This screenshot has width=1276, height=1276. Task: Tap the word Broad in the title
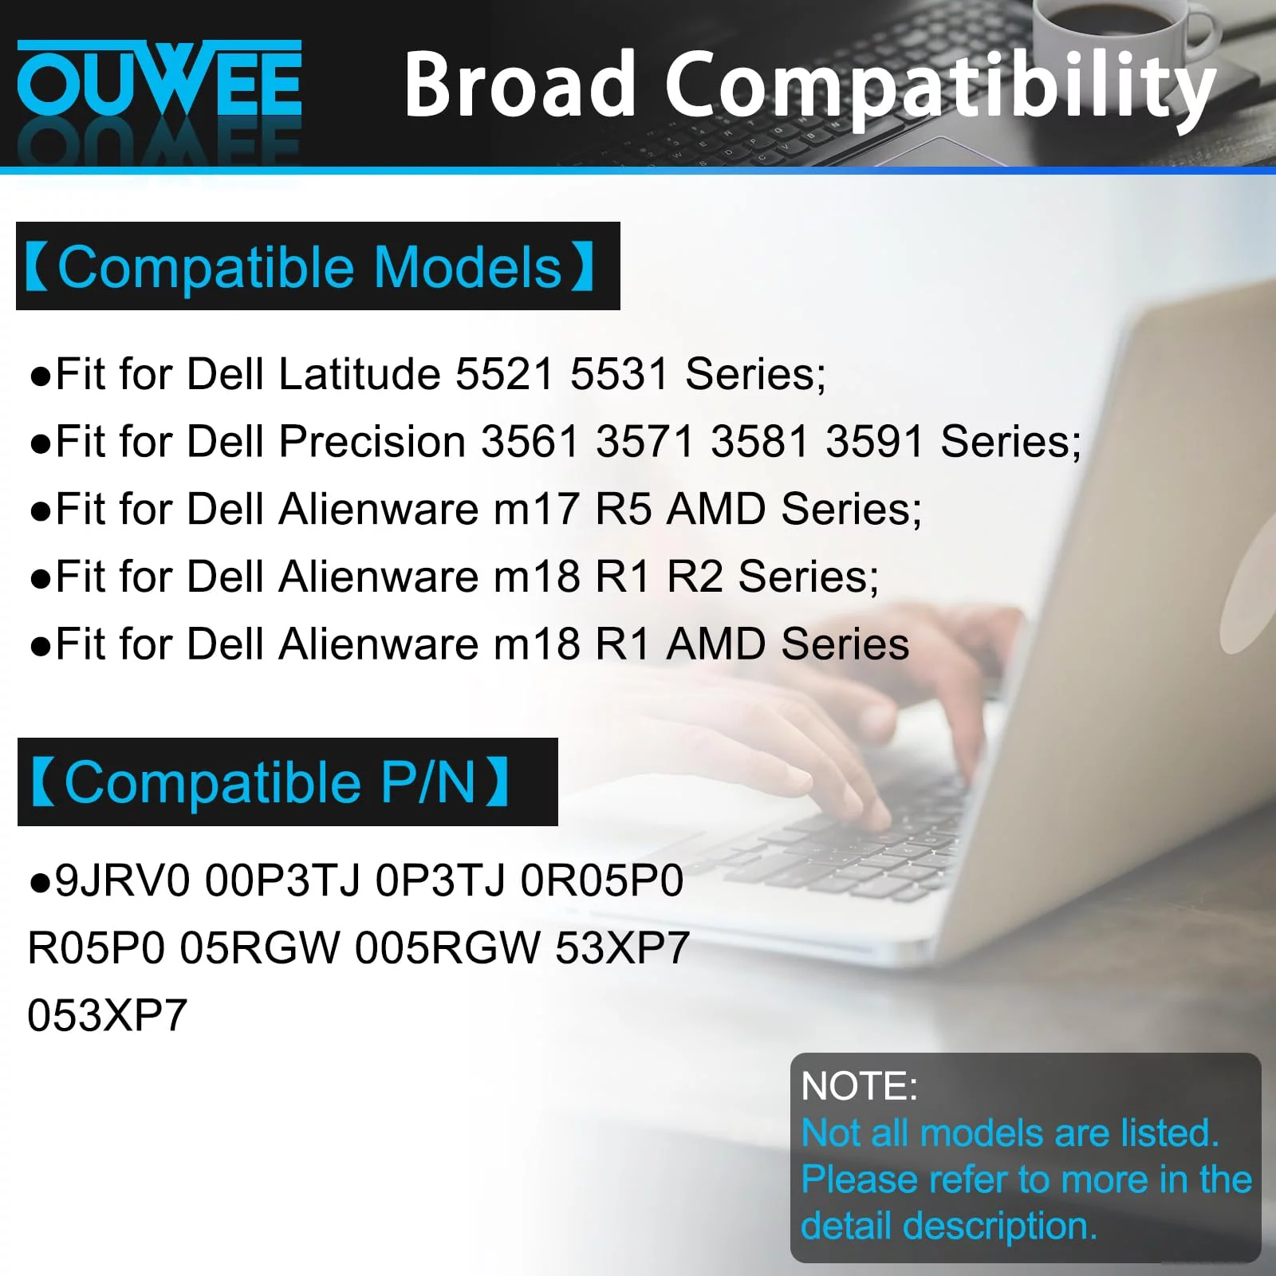[x=519, y=84]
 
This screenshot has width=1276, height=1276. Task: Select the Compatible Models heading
[x=317, y=266]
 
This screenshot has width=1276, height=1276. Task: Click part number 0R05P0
[x=602, y=881]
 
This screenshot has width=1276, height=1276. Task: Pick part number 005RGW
[x=447, y=948]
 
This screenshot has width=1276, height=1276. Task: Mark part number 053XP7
[x=108, y=1015]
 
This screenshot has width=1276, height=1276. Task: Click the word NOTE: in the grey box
[x=860, y=1086]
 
